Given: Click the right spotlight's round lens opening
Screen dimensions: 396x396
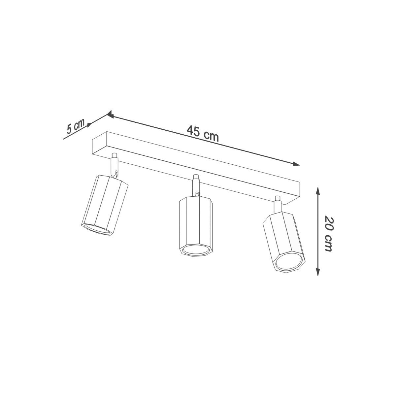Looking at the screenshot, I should (289, 261).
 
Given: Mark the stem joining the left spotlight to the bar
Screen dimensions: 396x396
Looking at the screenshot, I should (114, 165).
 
